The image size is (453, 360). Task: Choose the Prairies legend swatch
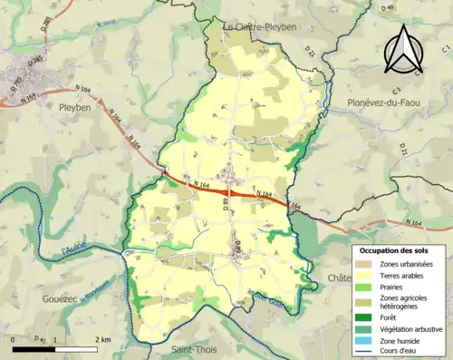click(x=364, y=287)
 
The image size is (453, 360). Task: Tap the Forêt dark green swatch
click(x=364, y=317)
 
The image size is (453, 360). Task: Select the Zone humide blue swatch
click(x=364, y=341)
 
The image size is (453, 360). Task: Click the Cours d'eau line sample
click(x=364, y=353)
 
